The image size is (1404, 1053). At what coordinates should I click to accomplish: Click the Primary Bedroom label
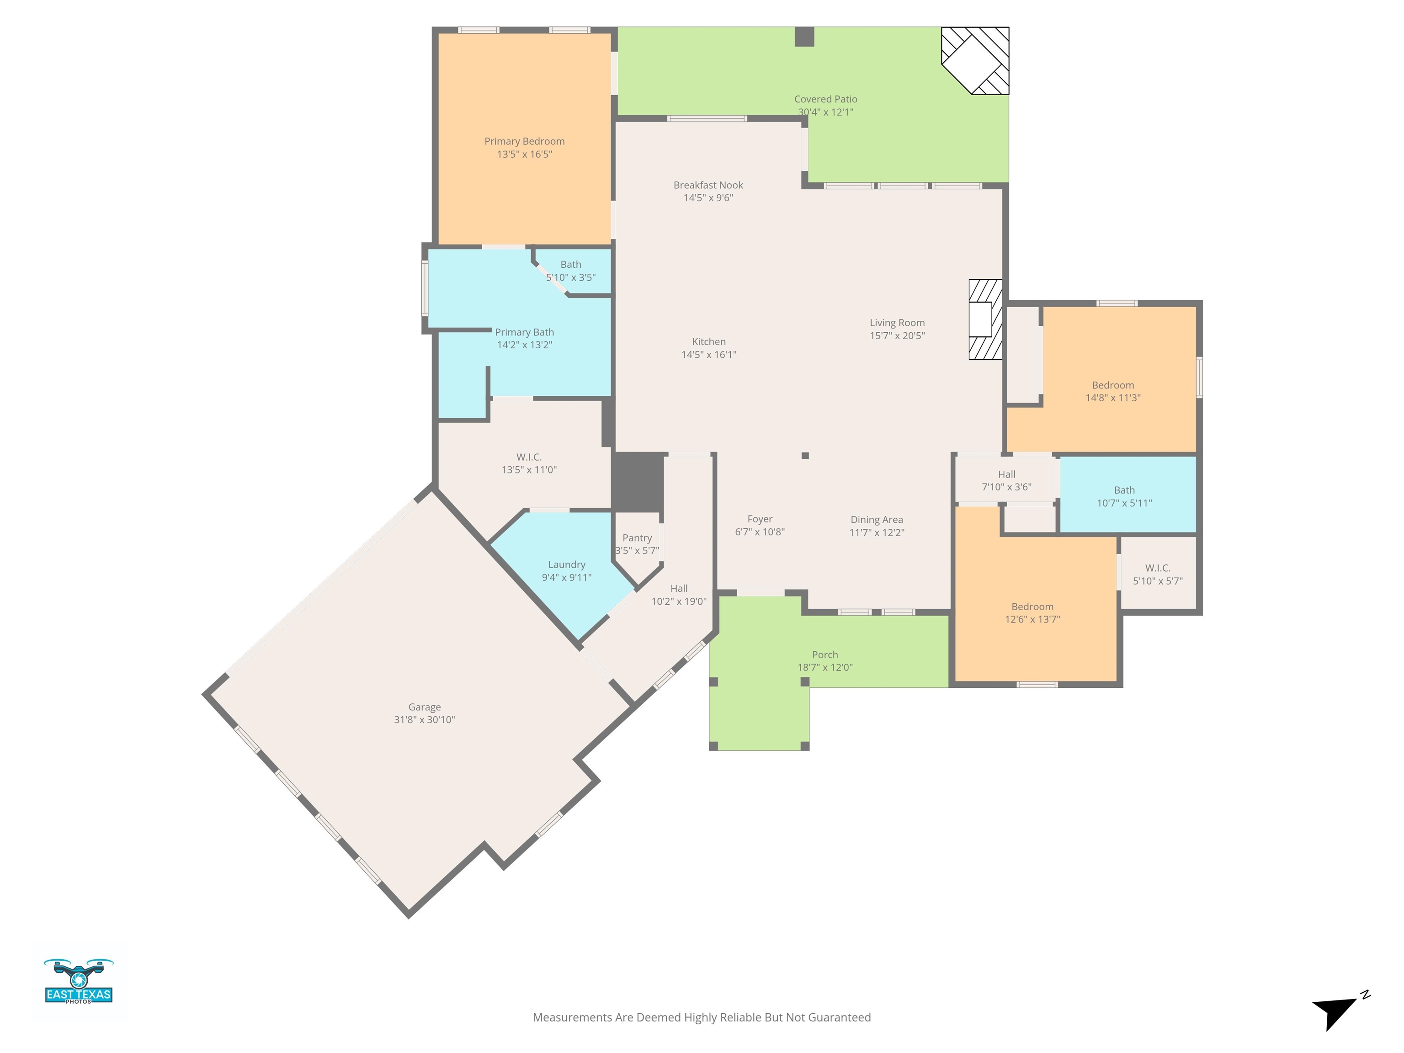[x=524, y=141]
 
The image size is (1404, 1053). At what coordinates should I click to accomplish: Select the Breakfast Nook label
[x=708, y=185]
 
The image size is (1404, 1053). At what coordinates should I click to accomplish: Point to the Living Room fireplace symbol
[x=985, y=319]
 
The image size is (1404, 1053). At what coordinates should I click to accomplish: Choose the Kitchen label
[x=708, y=341]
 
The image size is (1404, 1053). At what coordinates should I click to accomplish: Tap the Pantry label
[x=637, y=537]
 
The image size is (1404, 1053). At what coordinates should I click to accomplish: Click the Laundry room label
[x=567, y=564]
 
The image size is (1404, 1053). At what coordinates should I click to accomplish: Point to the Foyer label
[x=760, y=519]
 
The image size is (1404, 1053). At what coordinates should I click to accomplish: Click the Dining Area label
[x=877, y=520]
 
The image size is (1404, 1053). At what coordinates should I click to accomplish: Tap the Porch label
[x=825, y=654]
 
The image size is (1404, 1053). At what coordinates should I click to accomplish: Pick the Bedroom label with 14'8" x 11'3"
[x=1113, y=385]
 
